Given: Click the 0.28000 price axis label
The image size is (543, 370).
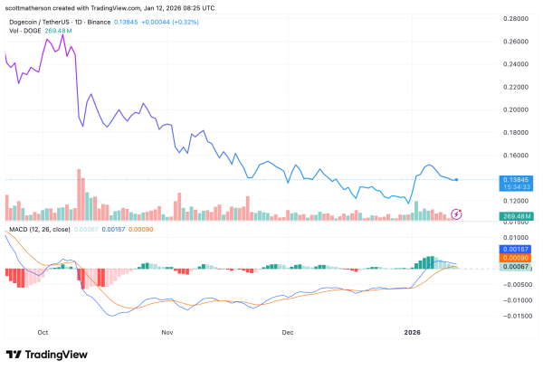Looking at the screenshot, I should [517, 18].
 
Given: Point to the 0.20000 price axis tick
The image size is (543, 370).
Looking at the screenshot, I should [517, 109].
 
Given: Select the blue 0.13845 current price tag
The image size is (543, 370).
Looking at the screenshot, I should [517, 180].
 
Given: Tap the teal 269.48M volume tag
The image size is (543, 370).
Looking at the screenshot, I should [517, 217].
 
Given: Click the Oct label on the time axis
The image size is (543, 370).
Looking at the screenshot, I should [42, 332].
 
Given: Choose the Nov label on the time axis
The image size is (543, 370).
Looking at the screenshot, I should [167, 332].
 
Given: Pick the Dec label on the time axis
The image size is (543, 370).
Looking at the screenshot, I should [288, 332].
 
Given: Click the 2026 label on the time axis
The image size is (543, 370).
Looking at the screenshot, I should [414, 332].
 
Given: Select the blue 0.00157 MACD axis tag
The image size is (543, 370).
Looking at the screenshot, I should [517, 248].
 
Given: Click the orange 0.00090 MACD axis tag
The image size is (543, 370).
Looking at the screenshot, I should [517, 258].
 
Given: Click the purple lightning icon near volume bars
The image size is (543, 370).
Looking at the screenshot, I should [457, 213].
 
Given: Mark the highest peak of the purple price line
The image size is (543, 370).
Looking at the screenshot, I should [62, 35].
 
